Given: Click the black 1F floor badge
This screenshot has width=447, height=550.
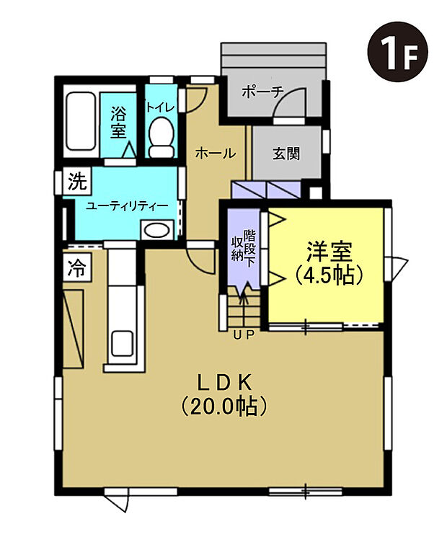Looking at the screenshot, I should [398, 50].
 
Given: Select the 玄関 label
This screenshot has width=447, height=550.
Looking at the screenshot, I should [286, 154].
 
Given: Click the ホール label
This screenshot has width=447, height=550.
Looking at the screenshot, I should [215, 153].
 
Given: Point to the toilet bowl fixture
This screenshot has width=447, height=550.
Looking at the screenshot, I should [161, 138].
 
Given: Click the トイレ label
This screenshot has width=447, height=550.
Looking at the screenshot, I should [159, 107].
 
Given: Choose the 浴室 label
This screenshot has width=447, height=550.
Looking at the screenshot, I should [118, 123].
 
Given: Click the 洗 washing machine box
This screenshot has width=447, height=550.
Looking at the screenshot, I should [76, 181].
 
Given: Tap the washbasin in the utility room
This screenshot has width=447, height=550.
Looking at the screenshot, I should [157, 231].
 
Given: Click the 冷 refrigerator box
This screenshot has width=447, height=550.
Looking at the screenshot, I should [76, 268].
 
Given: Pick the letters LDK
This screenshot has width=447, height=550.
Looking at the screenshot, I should [224, 381].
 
